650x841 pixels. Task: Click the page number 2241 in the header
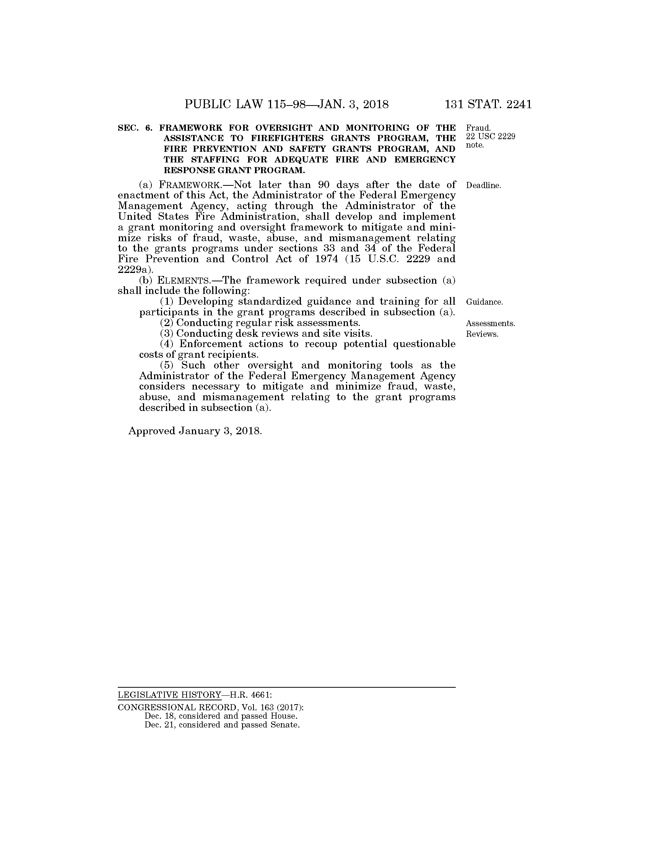click(519, 104)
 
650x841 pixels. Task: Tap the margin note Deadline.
click(483, 186)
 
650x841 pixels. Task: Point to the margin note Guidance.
click(484, 302)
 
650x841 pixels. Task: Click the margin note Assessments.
click(490, 323)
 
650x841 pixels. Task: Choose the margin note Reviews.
click(482, 334)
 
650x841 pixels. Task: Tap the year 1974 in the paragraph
click(326, 259)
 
